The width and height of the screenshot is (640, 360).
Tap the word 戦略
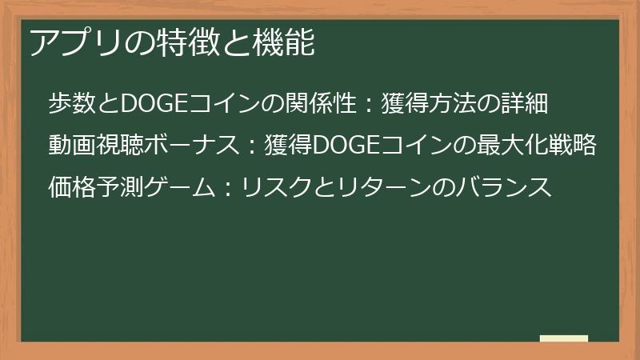point(577,146)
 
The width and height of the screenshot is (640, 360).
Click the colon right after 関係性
point(360,104)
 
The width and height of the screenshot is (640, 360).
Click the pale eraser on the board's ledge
point(563,338)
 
